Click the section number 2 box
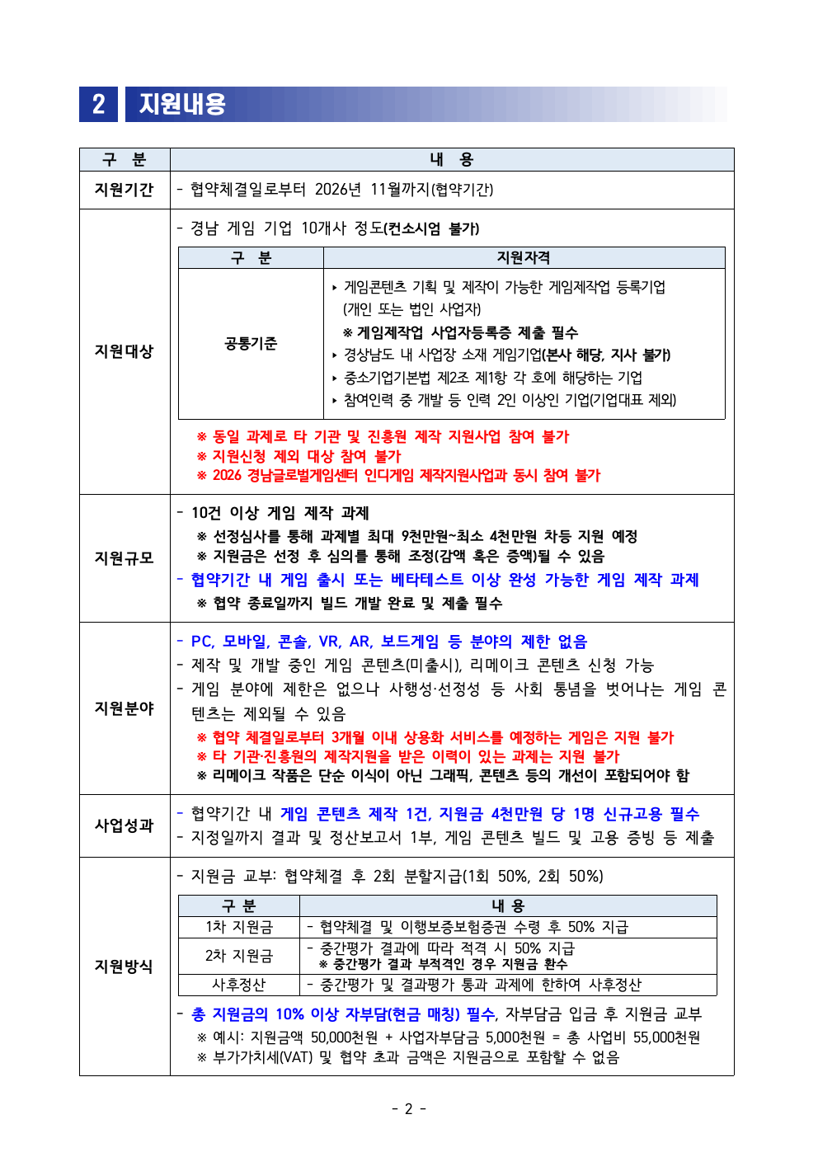pyautogui.click(x=98, y=104)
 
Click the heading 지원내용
pyautogui.click(x=182, y=104)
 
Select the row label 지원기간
pyautogui.click(x=124, y=190)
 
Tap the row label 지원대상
pyautogui.click(x=124, y=351)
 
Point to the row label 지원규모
pyautogui.click(x=124, y=558)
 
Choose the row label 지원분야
pyautogui.click(x=124, y=708)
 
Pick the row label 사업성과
pyautogui.click(x=124, y=825)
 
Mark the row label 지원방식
pyautogui.click(x=124, y=967)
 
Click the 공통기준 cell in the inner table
pyautogui.click(x=251, y=344)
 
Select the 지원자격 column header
pyautogui.click(x=523, y=258)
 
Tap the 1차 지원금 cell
pyautogui.click(x=239, y=928)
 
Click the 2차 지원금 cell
pyautogui.click(x=239, y=956)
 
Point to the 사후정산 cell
pyautogui.click(x=239, y=985)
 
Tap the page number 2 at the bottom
pyautogui.click(x=408, y=1109)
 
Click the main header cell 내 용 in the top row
pyautogui.click(x=451, y=160)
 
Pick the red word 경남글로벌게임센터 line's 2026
pyautogui.click(x=227, y=476)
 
